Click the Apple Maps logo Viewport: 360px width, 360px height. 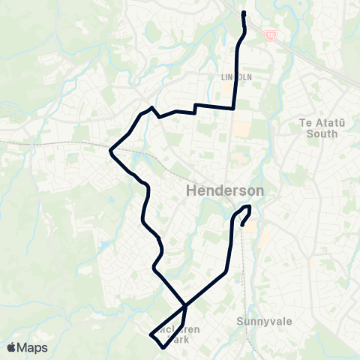tap(27, 347)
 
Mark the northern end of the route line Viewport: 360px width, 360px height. tap(243, 13)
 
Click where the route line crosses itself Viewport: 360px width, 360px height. tap(185, 305)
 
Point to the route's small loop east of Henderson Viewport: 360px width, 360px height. tap(244, 213)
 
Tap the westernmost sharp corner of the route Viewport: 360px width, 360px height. tap(111, 151)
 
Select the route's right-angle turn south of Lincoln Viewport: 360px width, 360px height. tap(234, 108)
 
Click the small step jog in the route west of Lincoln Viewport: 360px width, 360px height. tap(195, 109)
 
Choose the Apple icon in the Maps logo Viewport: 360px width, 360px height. tap(11, 347)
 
